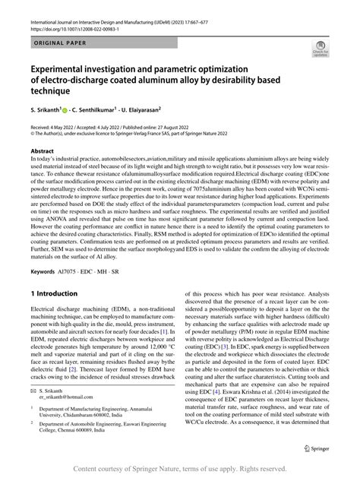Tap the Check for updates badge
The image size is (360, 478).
[x=321, y=51]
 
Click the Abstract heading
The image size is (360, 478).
[x=43, y=151]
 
